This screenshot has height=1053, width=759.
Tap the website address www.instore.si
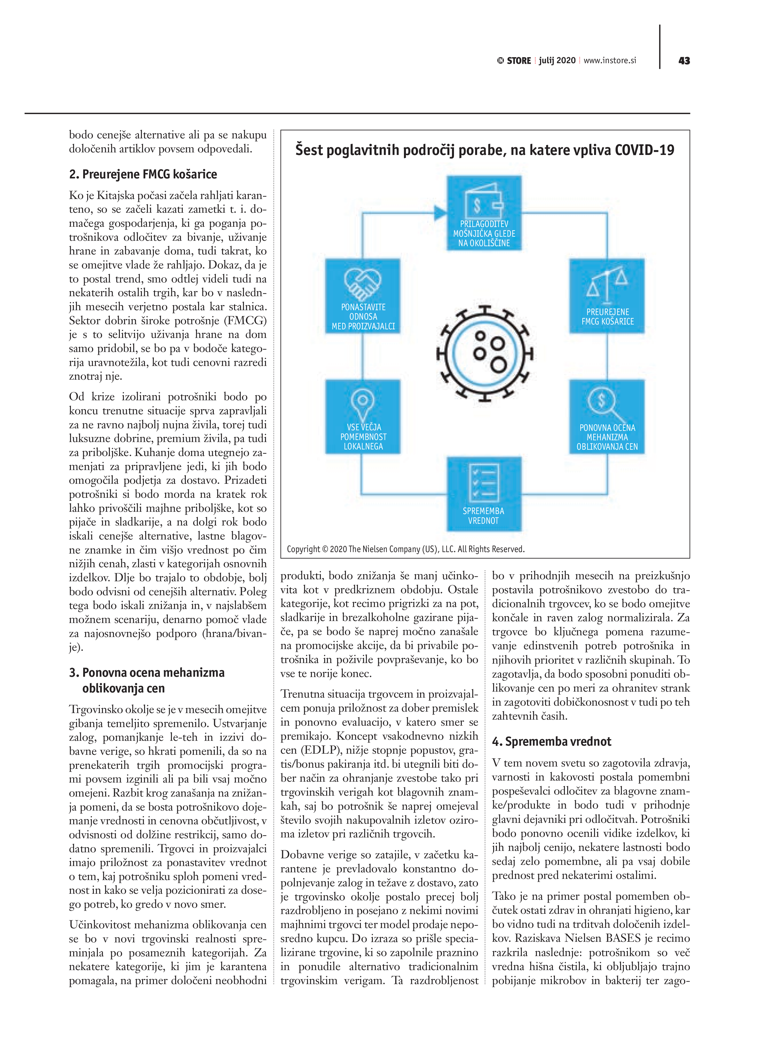pyautogui.click(x=609, y=60)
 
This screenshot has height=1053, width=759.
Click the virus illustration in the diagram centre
pyautogui.click(x=485, y=354)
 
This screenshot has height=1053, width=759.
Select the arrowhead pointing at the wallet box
pyautogui.click(x=440, y=213)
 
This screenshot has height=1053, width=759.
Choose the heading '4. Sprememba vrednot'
pyautogui.click(x=551, y=741)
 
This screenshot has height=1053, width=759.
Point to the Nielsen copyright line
pyautogui.click(x=405, y=549)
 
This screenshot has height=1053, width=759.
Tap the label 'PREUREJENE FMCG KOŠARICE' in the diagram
pyautogui.click(x=607, y=317)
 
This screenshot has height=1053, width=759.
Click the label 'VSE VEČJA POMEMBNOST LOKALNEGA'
pyautogui.click(x=363, y=437)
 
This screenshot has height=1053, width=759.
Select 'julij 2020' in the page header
pyautogui.click(x=557, y=60)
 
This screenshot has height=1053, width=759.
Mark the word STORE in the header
pyautogui.click(x=519, y=61)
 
